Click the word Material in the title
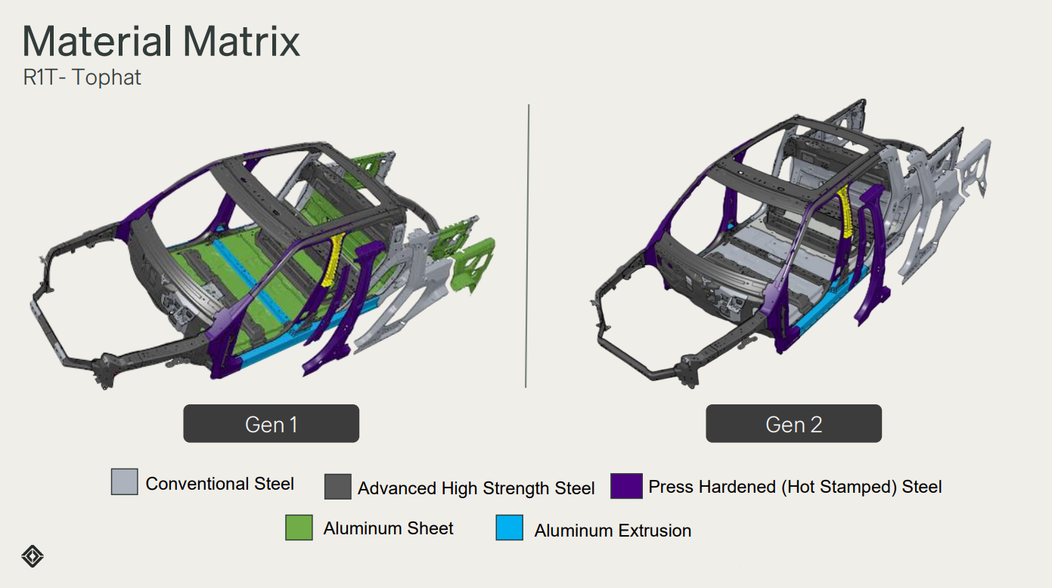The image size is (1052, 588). point(98,42)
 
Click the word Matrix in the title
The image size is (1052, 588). point(241,42)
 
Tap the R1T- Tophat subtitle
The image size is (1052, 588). point(82,77)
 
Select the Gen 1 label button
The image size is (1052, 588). point(271,423)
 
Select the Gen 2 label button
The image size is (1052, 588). point(793,423)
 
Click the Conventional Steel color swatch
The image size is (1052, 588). point(125,481)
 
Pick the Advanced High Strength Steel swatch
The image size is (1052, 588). point(337,487)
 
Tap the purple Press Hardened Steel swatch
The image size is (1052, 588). point(626,486)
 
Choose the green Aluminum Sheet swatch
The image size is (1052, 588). point(299,528)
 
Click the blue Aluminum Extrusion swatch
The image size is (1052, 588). point(510,528)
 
